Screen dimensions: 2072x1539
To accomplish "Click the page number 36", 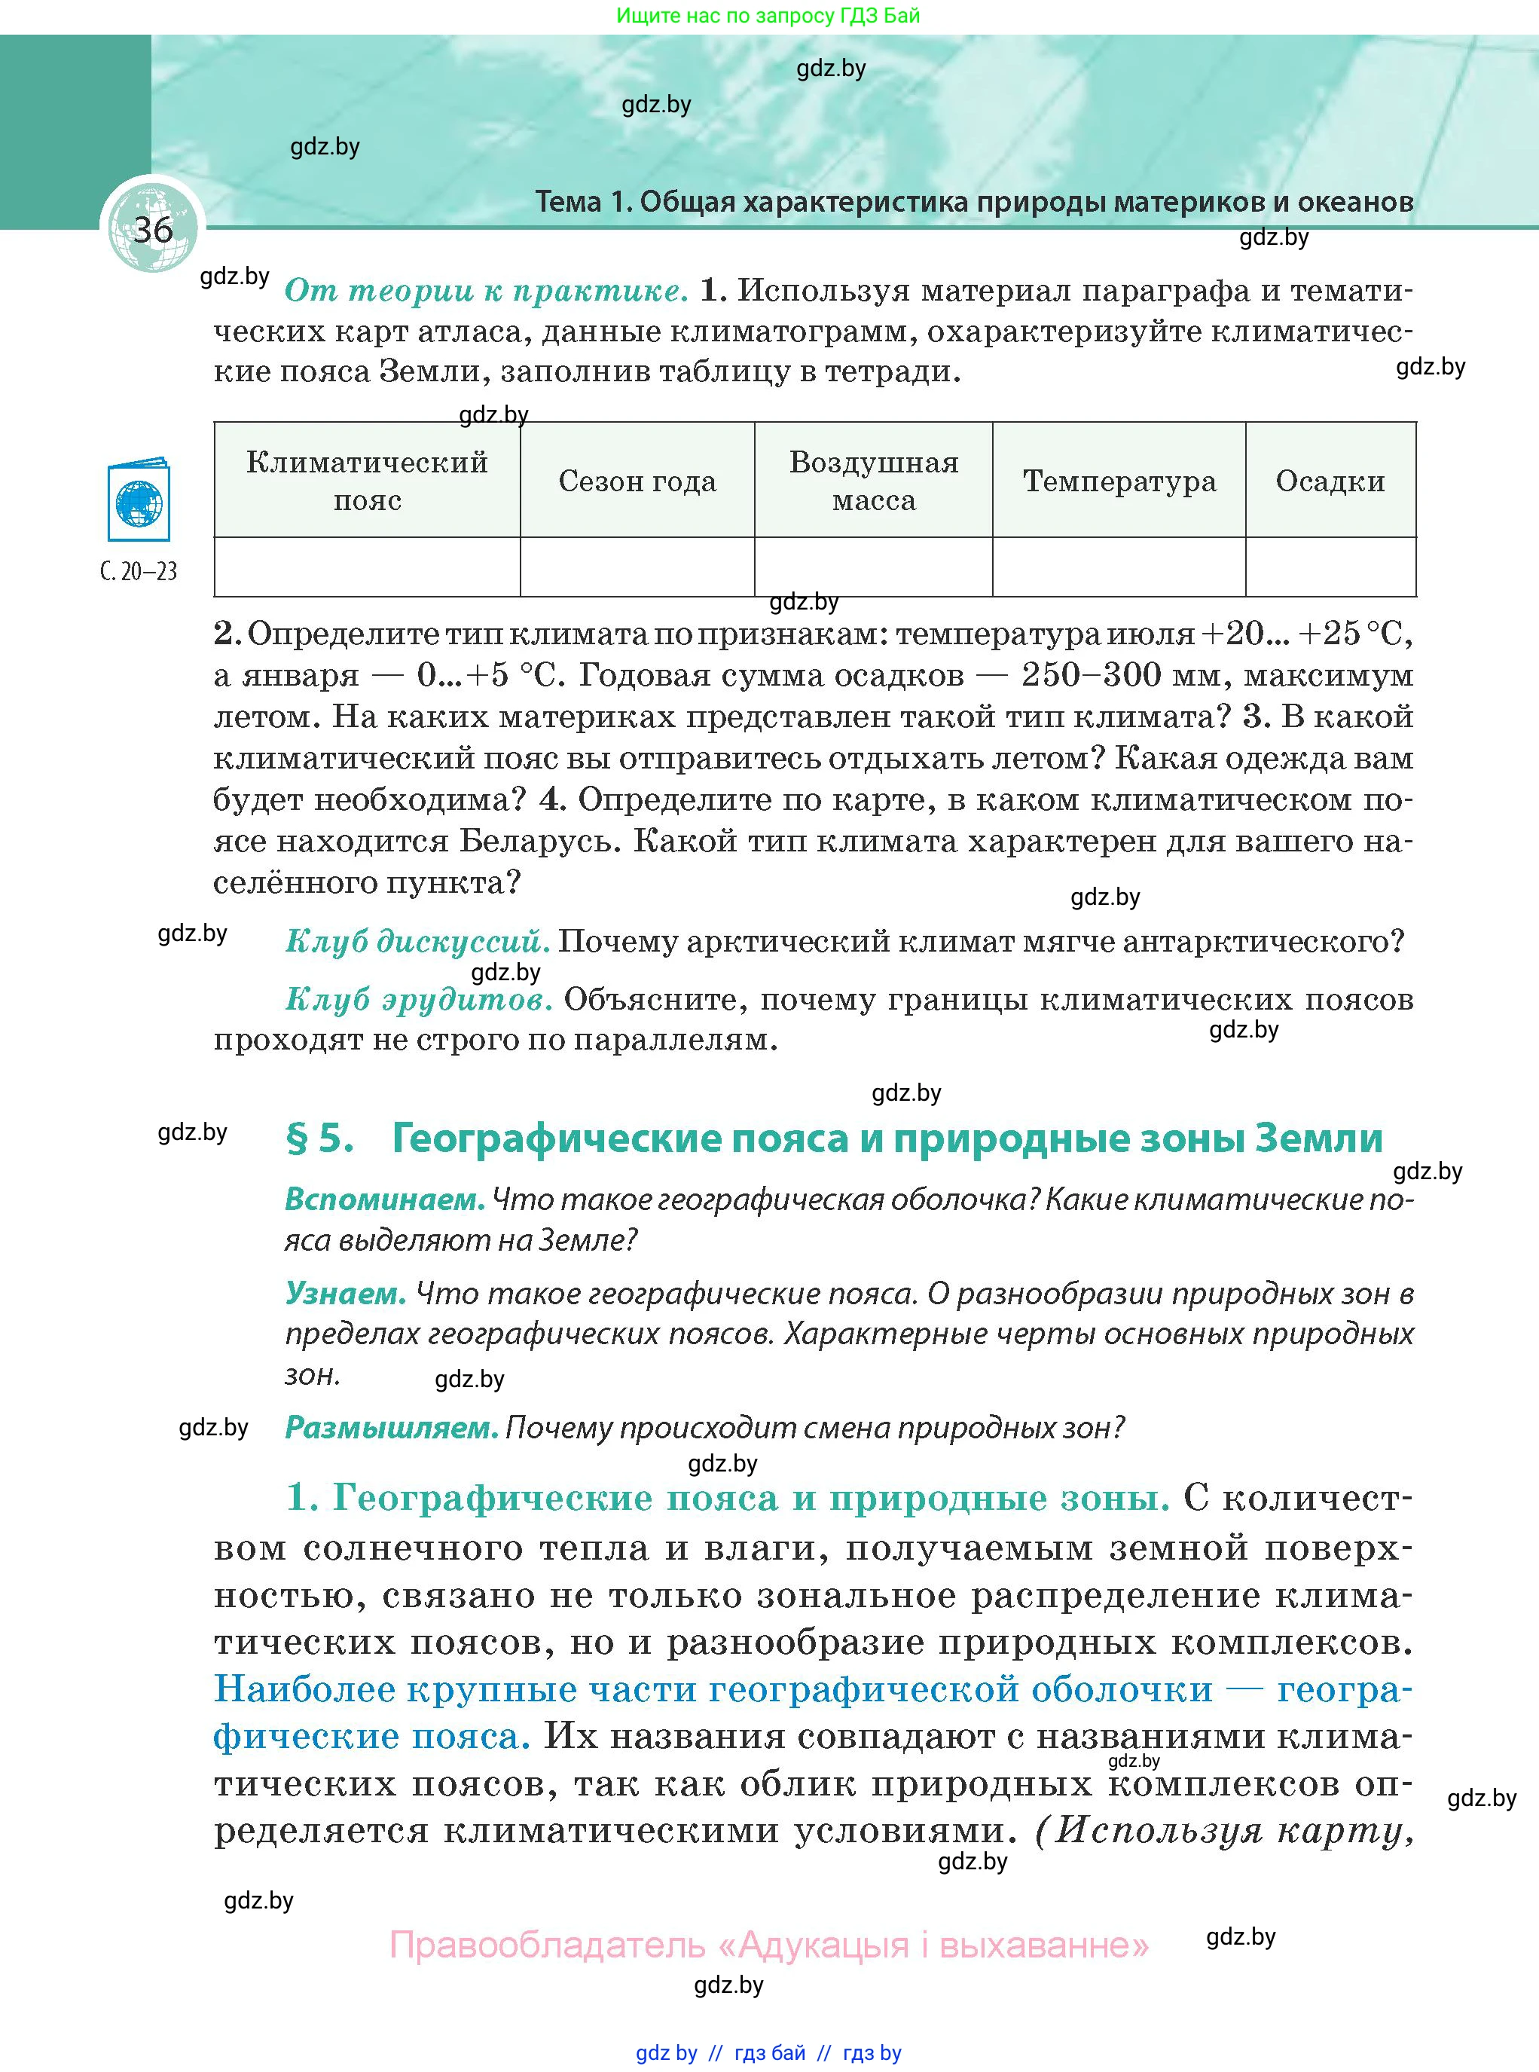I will pyautogui.click(x=153, y=229).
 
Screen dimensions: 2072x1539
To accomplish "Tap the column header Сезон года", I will pyautogui.click(x=637, y=481).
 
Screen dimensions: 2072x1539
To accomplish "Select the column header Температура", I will pyautogui.click(x=1119, y=481).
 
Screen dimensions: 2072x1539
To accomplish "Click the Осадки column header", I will pyautogui.click(x=1330, y=481).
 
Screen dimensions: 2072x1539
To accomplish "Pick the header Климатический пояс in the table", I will pyautogui.click(x=367, y=481).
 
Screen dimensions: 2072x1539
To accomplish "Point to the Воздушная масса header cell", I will pyautogui.click(x=873, y=481).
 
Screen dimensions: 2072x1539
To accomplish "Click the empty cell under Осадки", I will pyautogui.click(x=1330, y=567).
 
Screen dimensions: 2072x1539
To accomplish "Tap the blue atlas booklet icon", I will pyautogui.click(x=138, y=500).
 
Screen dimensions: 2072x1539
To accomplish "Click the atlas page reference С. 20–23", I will pyautogui.click(x=138, y=571).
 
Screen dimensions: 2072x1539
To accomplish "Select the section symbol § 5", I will pyautogui.click(x=319, y=1138).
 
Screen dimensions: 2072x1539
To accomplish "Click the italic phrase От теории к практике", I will pyautogui.click(x=485, y=291).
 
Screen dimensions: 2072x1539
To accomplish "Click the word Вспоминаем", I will pyautogui.click(x=385, y=1199).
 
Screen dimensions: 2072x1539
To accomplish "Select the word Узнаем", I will pyautogui.click(x=345, y=1293).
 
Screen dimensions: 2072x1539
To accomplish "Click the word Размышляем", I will pyautogui.click(x=392, y=1427).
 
